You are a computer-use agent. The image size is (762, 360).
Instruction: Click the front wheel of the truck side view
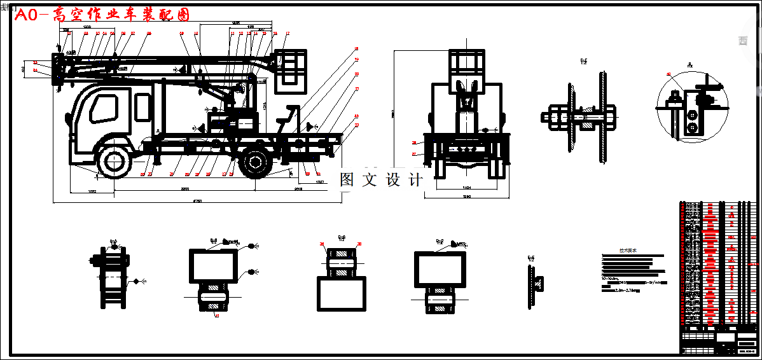113,162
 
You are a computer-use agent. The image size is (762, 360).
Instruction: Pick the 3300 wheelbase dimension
185,190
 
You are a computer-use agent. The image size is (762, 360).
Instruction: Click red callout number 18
356,48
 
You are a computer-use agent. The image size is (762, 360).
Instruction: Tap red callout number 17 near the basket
287,33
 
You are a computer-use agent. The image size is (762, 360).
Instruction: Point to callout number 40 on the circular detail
668,74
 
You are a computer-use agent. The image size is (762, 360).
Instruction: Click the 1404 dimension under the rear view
466,188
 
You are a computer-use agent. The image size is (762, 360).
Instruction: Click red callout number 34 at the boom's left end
36,70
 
